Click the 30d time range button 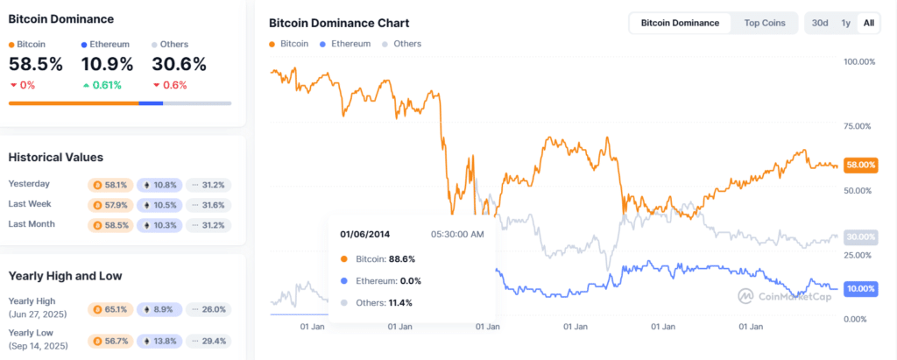[820, 23]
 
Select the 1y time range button [845, 23]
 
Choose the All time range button [868, 23]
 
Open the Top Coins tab [765, 23]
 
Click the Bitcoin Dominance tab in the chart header [680, 23]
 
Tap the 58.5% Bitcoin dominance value [35, 64]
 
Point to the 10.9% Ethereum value [107, 64]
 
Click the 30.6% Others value [179, 64]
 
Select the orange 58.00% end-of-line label [860, 165]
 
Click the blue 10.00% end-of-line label [860, 288]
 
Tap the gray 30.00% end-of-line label [860, 236]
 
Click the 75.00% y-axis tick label [858, 126]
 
